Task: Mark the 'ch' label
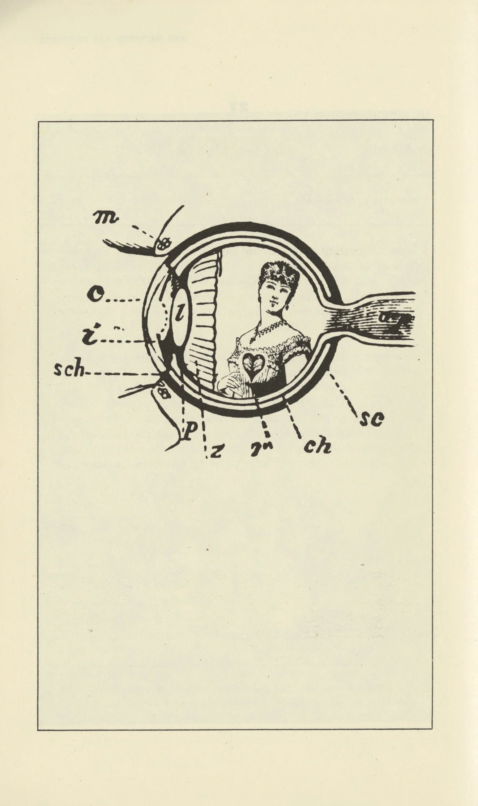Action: tap(317, 447)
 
